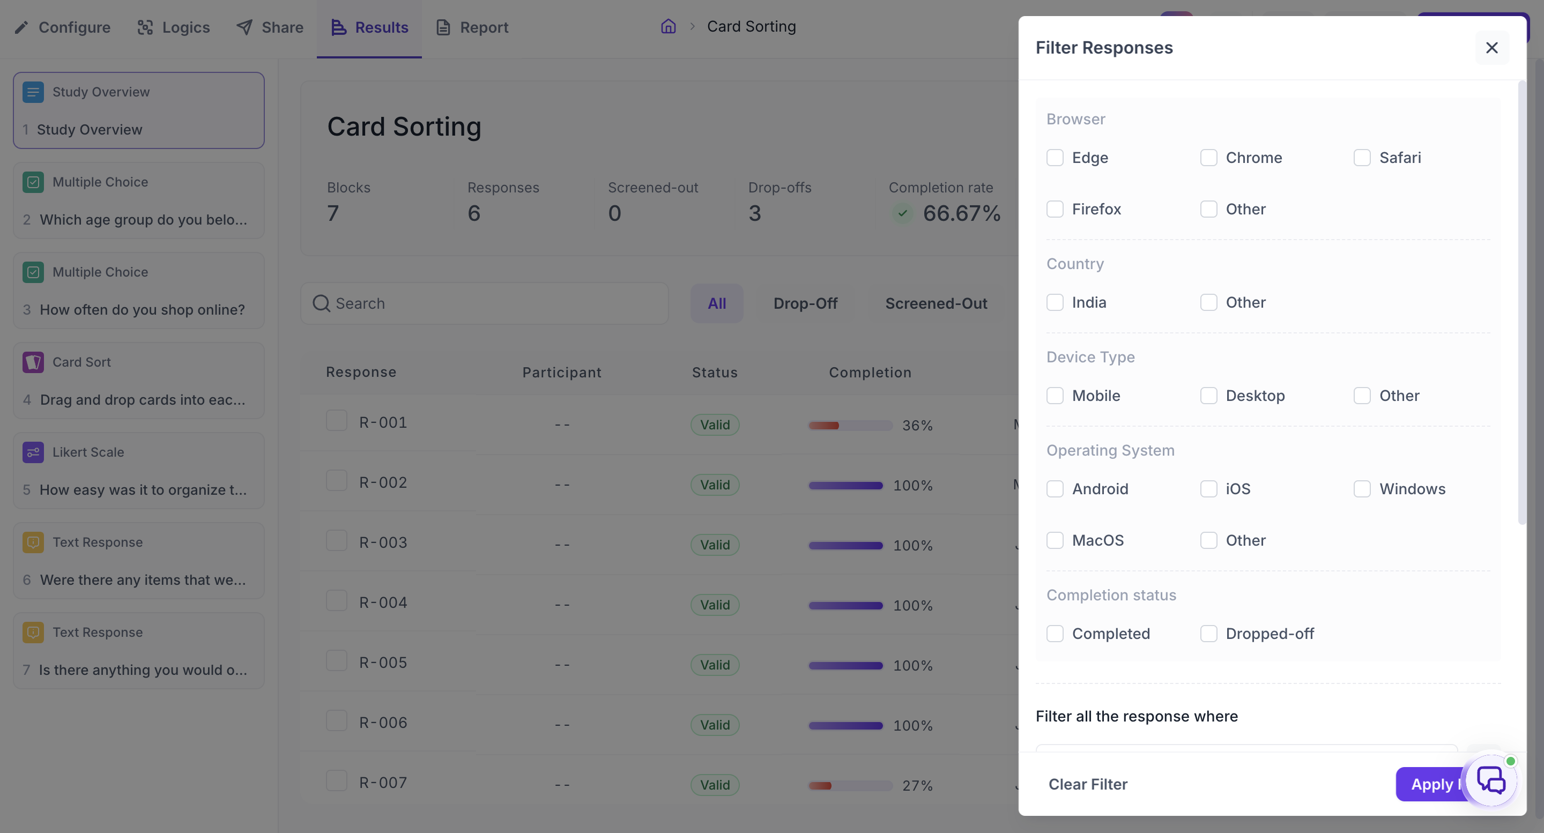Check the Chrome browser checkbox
pyautogui.click(x=1208, y=158)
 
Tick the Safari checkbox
pyautogui.click(x=1362, y=158)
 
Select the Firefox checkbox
pyautogui.click(x=1055, y=209)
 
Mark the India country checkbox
pyautogui.click(x=1055, y=303)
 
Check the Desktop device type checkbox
pyautogui.click(x=1208, y=396)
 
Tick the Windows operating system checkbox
pyautogui.click(x=1362, y=489)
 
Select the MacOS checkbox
pyautogui.click(x=1055, y=540)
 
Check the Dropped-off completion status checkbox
pyautogui.click(x=1208, y=634)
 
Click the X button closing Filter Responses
pyautogui.click(x=1492, y=48)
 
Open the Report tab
pyautogui.click(x=472, y=27)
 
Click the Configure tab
pyautogui.click(x=62, y=27)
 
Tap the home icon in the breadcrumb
pyautogui.click(x=669, y=26)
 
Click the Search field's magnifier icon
pyautogui.click(x=321, y=304)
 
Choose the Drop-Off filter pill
pyautogui.click(x=806, y=304)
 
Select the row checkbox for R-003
pyautogui.click(x=336, y=540)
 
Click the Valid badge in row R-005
pyautogui.click(x=715, y=665)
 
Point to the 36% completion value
pyautogui.click(x=918, y=426)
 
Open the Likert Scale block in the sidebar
pyautogui.click(x=138, y=471)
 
